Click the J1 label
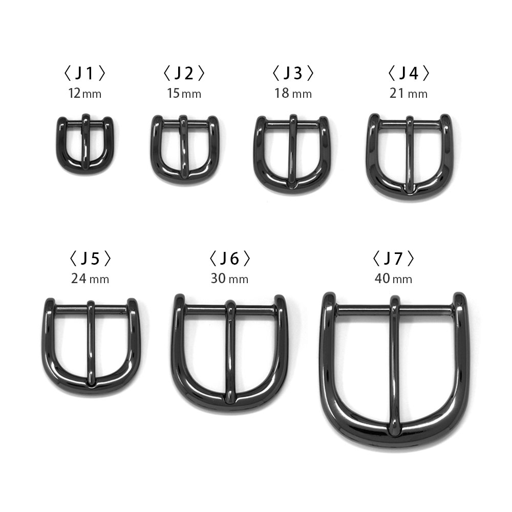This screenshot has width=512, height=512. (85, 74)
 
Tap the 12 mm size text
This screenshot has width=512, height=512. (85, 94)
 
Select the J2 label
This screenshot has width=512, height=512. (184, 74)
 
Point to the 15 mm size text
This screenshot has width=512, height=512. (184, 94)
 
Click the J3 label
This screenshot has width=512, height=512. (292, 74)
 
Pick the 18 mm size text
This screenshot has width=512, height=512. (292, 94)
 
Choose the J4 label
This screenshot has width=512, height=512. (408, 74)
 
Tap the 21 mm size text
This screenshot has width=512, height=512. (408, 94)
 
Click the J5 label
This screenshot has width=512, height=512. (90, 259)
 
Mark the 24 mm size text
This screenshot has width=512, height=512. (90, 279)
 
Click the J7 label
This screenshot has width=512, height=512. (393, 259)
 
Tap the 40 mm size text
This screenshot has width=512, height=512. (393, 279)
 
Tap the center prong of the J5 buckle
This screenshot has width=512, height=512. (91, 343)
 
